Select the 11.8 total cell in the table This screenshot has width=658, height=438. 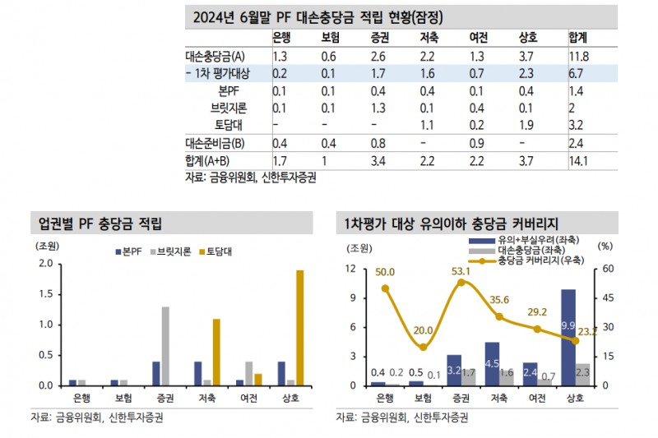pos(578,57)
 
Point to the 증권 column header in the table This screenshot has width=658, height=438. pos(379,39)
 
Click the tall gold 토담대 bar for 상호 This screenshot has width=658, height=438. pos(299,327)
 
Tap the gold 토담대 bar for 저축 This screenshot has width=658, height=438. pos(216,352)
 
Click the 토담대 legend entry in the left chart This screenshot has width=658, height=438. pos(215,251)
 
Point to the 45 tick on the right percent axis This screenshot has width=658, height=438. pos(605,297)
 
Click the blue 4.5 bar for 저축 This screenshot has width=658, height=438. pos(492,363)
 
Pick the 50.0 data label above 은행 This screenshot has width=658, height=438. pos(385,272)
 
